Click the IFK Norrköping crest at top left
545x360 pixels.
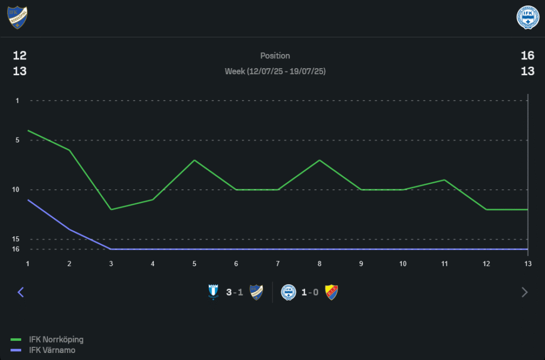click(17, 17)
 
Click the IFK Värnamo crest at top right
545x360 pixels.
click(527, 17)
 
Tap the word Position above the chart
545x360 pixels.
click(275, 56)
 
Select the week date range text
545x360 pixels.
click(275, 71)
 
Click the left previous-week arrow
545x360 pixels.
click(21, 292)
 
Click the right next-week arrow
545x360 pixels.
click(524, 292)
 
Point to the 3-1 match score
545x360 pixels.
click(234, 292)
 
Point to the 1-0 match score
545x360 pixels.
click(310, 292)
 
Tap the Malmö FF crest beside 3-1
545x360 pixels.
click(213, 292)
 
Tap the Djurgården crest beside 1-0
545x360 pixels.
click(331, 292)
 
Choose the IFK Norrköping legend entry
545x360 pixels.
click(56, 339)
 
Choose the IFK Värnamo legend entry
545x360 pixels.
click(52, 350)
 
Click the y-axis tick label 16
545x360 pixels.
click(16, 249)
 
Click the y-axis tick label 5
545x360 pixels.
click(17, 140)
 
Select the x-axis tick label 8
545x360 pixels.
click(319, 264)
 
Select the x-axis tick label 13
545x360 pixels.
click(527, 264)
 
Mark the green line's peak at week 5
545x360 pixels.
click(194, 160)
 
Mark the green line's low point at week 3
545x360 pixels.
click(111, 209)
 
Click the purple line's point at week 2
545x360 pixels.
click(70, 229)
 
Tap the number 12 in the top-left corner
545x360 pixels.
click(20, 56)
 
